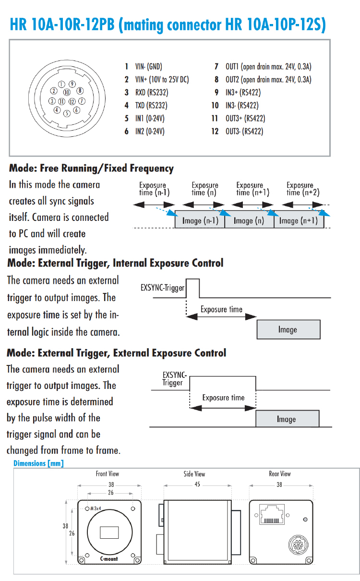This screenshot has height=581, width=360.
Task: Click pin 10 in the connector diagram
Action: [67, 92]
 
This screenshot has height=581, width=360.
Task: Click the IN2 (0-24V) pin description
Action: [150, 131]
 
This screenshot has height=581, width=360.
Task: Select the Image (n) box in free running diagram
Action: [249, 220]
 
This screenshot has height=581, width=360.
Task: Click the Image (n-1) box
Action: [200, 220]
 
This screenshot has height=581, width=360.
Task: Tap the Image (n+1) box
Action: [299, 220]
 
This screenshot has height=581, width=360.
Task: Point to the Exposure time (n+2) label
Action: [303, 189]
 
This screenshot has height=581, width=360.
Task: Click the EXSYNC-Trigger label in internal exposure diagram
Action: [162, 288]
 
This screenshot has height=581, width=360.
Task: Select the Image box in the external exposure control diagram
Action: [287, 419]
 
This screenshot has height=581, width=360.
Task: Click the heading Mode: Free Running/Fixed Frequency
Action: [91, 169]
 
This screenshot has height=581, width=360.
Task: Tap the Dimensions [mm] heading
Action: [38, 463]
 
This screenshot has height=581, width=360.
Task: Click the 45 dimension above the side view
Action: [197, 485]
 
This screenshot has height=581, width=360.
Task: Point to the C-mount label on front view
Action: [109, 559]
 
